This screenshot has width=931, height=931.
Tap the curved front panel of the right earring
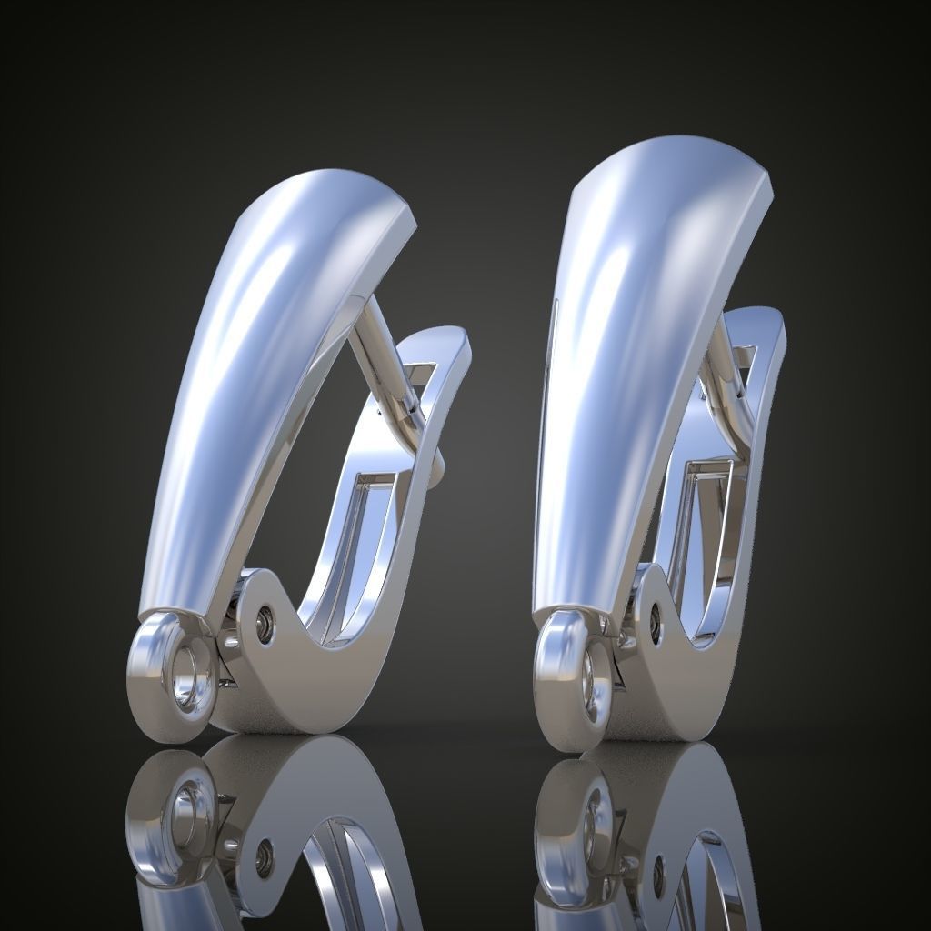pyautogui.click(x=627, y=364)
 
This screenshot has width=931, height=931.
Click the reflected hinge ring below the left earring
pyautogui.click(x=186, y=809)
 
